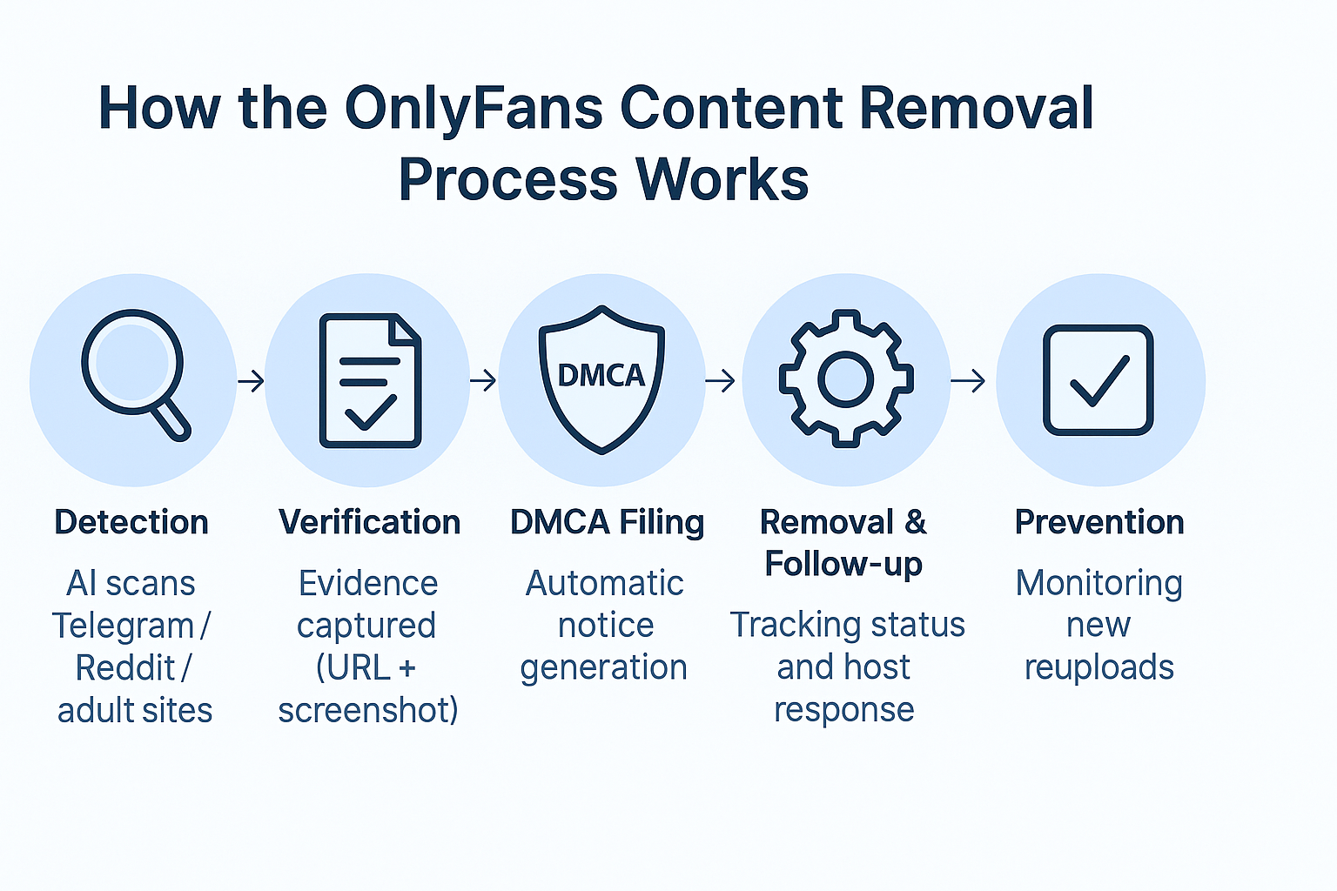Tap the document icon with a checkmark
click(370, 381)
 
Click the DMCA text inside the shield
click(601, 375)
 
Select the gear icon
click(845, 379)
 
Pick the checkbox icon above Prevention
click(1098, 379)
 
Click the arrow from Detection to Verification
click(251, 380)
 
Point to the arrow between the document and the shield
click(483, 380)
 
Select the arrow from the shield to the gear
click(720, 380)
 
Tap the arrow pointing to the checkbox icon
click(968, 380)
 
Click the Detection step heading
click(131, 522)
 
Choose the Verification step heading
click(370, 522)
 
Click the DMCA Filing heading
click(607, 522)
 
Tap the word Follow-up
click(843, 564)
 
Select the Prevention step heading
click(1099, 522)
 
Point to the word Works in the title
click(722, 180)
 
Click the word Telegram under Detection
click(123, 626)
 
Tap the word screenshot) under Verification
click(368, 710)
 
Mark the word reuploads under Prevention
click(1099, 667)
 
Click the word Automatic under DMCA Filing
click(605, 583)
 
